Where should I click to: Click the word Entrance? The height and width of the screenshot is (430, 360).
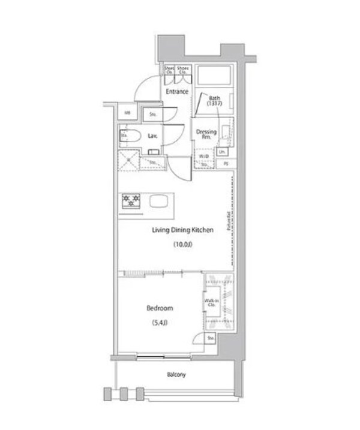click(177, 92)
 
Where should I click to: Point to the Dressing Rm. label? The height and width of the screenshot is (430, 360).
click(206, 134)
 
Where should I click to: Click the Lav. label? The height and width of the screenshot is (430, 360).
click(152, 137)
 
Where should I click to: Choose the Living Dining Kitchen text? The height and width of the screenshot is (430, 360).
click(182, 230)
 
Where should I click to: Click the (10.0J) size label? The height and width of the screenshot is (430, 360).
click(182, 244)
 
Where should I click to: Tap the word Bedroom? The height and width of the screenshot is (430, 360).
click(160, 308)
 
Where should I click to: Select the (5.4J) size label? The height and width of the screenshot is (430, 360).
click(160, 323)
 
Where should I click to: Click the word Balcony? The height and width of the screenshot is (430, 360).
click(176, 375)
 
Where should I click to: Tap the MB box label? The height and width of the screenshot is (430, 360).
click(128, 113)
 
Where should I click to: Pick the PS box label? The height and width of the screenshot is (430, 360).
click(226, 163)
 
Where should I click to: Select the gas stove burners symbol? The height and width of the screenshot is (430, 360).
click(131, 201)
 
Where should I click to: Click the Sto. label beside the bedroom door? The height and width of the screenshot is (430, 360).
click(211, 339)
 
